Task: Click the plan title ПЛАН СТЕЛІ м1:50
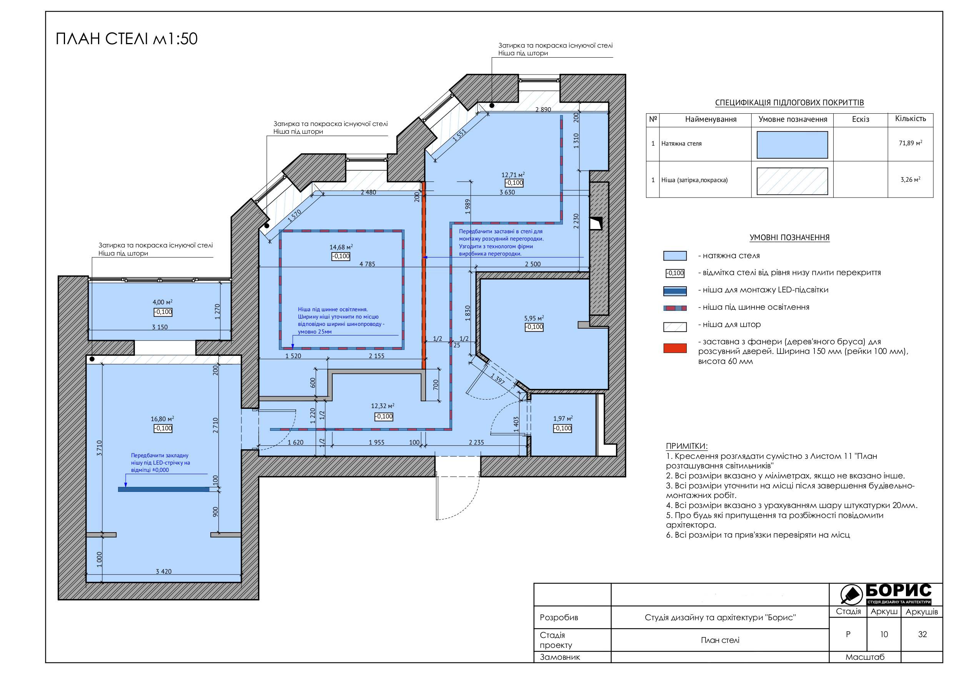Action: click(127, 39)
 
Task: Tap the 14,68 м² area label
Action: click(341, 247)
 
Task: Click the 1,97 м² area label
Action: click(563, 418)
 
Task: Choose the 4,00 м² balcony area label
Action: click(163, 302)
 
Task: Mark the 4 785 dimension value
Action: click(367, 264)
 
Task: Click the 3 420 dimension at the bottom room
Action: click(164, 571)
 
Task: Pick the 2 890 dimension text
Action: click(543, 110)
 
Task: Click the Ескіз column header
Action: click(861, 119)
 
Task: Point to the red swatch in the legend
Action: click(675, 349)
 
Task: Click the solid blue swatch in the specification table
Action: click(792, 144)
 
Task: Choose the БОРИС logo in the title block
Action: click(886, 594)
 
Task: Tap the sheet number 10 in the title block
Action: click(884, 634)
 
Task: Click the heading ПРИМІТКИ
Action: click(686, 446)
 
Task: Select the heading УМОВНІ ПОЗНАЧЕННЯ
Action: click(789, 237)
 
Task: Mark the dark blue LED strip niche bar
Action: click(164, 489)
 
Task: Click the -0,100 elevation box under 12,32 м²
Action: click(383, 417)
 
